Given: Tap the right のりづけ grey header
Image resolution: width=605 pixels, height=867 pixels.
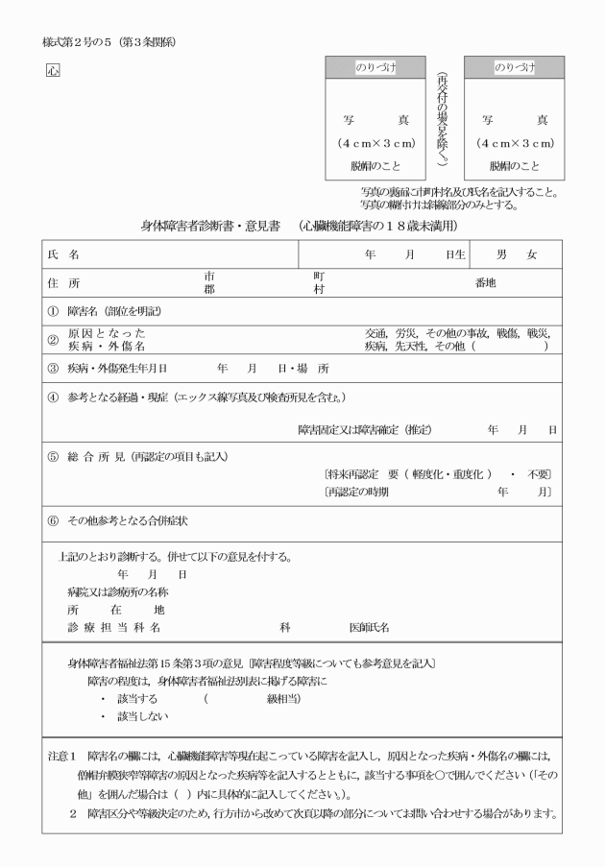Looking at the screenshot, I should [515, 67].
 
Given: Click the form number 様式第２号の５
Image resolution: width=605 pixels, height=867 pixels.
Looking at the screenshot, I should [77, 42].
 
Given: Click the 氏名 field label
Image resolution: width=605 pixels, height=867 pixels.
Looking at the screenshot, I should [62, 254].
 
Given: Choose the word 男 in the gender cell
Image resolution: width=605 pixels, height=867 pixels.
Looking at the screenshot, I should [501, 254].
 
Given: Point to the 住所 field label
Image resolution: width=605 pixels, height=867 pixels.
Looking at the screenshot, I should [62, 283].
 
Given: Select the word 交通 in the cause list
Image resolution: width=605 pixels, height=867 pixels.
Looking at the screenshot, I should [375, 332].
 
